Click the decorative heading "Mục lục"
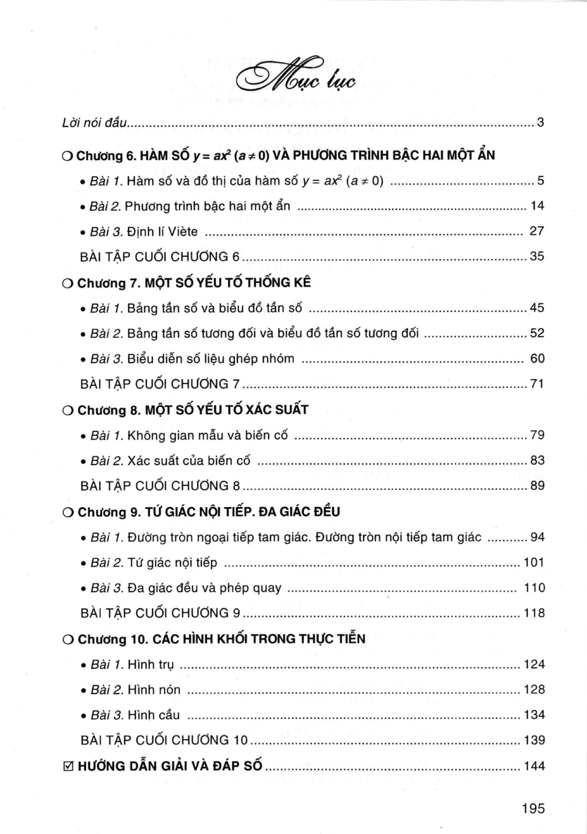295,78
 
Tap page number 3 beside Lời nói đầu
540,122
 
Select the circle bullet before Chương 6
67,156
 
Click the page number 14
537,206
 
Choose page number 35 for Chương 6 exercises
537,257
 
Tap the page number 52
537,333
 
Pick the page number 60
537,359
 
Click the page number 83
537,460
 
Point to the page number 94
537,537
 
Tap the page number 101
534,563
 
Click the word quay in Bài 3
267,588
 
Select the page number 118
534,613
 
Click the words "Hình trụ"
151,665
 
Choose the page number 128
534,690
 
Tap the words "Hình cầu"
154,716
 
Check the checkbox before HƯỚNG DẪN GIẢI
68,767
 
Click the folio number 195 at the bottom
533,808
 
